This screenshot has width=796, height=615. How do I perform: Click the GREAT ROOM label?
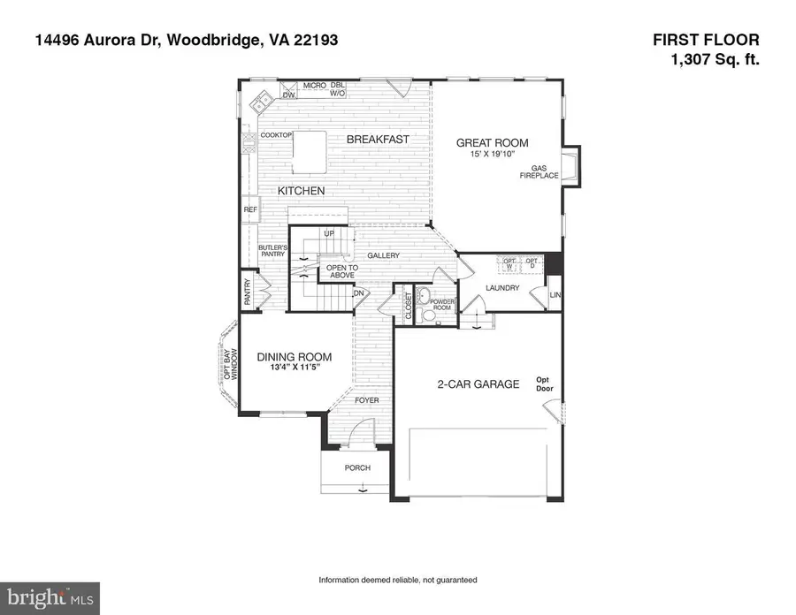492,142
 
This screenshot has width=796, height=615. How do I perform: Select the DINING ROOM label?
295,357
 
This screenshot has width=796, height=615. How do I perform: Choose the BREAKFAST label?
377,140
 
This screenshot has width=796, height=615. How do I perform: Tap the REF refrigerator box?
250,209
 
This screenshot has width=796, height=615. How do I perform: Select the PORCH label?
357,467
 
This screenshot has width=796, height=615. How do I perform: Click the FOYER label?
367,400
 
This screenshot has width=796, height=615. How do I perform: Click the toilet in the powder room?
428,313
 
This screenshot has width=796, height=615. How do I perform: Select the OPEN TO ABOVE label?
342,271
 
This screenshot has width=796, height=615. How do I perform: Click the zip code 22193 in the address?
314,41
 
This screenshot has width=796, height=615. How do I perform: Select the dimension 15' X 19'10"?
492,155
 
